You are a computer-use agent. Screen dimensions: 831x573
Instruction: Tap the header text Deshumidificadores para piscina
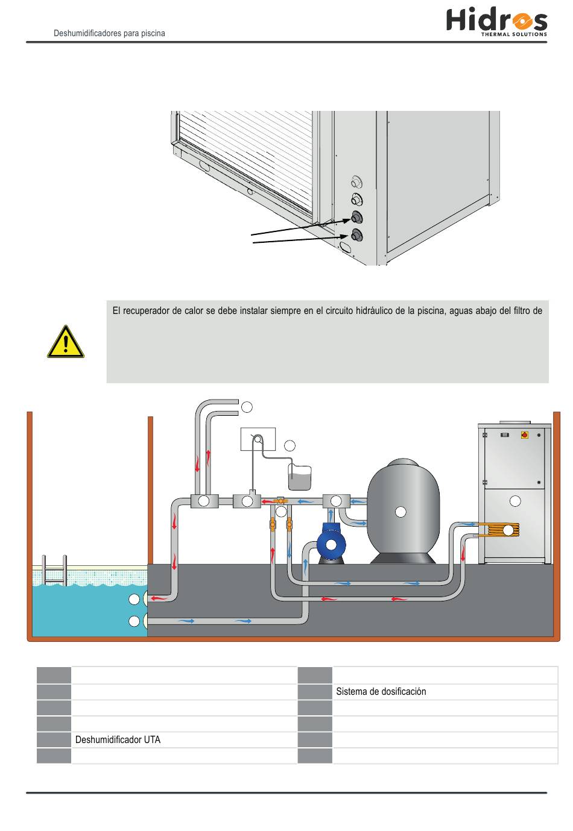109,34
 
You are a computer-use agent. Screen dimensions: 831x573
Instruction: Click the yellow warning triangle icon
66,342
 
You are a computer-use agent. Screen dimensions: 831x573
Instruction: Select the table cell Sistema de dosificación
381,692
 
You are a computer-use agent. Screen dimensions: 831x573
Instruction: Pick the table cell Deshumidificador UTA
118,740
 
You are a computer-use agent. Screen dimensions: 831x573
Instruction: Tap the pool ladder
54,570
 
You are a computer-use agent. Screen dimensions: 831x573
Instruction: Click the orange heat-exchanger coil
497,530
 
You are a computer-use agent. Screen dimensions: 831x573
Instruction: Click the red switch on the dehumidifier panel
524,435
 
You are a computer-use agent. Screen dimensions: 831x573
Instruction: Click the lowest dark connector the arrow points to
356,235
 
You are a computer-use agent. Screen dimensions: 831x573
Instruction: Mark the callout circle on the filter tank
400,512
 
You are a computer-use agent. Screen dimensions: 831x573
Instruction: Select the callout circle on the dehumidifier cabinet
515,501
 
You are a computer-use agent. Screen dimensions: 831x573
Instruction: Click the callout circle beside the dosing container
290,446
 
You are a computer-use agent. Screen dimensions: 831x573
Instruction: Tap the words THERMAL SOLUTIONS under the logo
514,34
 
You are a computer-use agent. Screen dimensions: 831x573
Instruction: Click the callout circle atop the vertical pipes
246,407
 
